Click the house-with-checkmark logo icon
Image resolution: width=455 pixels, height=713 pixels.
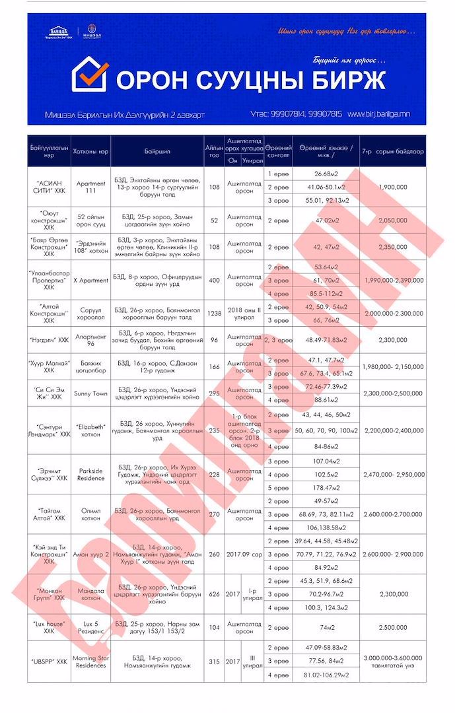[x=90, y=74]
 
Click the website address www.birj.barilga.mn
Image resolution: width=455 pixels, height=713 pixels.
[x=378, y=114]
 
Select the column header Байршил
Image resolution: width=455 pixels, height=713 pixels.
[x=157, y=151]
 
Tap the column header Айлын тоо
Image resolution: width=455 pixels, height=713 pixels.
[x=214, y=151]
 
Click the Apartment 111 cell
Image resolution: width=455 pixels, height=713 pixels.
[x=91, y=187]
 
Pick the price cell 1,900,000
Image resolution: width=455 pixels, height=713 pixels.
[x=394, y=187]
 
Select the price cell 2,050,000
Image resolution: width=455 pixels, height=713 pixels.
[x=394, y=221]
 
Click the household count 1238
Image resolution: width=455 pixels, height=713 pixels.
[x=214, y=314]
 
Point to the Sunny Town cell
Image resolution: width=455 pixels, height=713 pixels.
[x=91, y=393]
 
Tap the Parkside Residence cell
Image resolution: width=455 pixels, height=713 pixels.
[x=91, y=474]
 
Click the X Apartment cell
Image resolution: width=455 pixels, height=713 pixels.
[x=91, y=280]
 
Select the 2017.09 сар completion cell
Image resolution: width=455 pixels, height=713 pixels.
[x=244, y=554]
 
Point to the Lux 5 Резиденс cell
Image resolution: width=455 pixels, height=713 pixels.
[x=91, y=627]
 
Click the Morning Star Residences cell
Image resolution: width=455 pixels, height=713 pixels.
[x=91, y=661]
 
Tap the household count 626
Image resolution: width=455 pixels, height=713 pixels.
[x=214, y=594]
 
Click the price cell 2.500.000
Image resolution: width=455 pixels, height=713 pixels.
[x=394, y=627]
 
